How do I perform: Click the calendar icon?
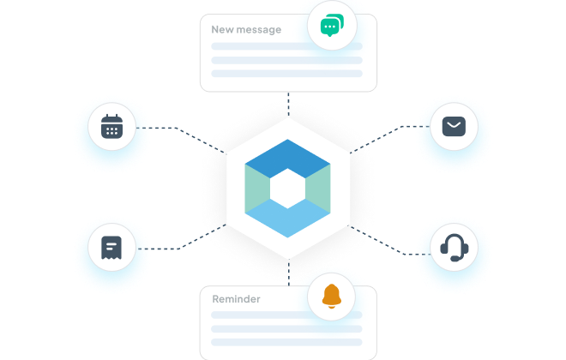pyautogui.click(x=112, y=128)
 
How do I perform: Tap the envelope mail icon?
pyautogui.click(x=454, y=128)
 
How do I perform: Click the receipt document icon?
pyautogui.click(x=112, y=248)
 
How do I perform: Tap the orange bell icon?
pyautogui.click(x=331, y=296)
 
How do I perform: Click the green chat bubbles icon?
pyautogui.click(x=331, y=27)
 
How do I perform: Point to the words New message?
pyautogui.click(x=246, y=30)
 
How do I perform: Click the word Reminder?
pyautogui.click(x=236, y=299)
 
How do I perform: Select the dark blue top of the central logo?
pyautogui.click(x=287, y=154)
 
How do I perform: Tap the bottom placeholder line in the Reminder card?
pyautogui.click(x=287, y=342)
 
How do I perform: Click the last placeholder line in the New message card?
pyautogui.click(x=287, y=74)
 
